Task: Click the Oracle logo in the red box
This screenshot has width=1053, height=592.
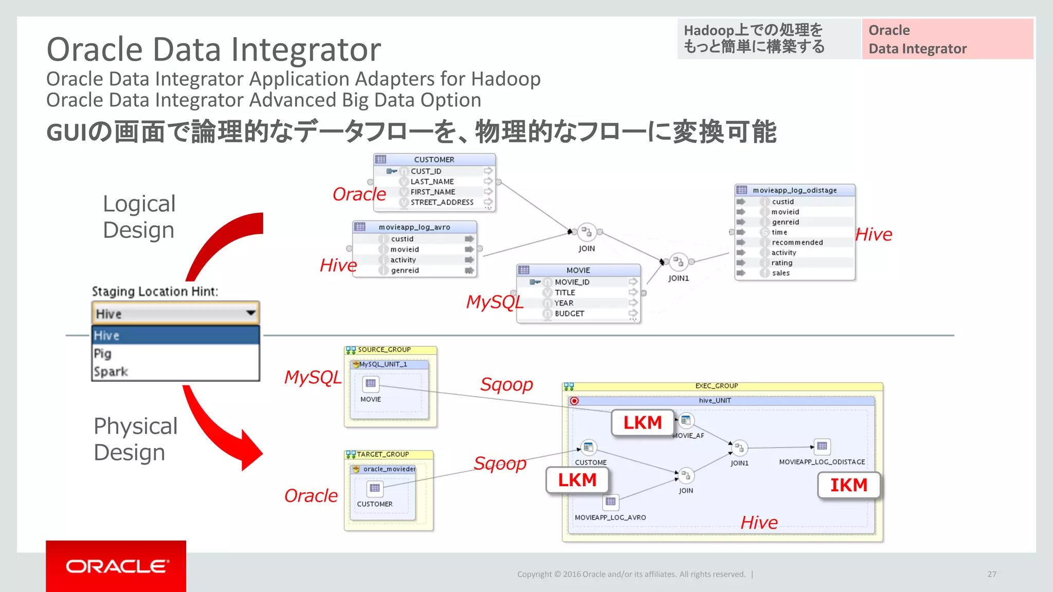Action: pyautogui.click(x=117, y=566)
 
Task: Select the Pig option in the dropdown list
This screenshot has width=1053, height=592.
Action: pyautogui.click(x=103, y=354)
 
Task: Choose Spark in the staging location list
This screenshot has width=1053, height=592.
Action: pyautogui.click(x=111, y=372)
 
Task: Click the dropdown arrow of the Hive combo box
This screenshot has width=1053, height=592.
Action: pyautogui.click(x=250, y=313)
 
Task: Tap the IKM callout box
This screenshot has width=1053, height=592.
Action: pyautogui.click(x=848, y=485)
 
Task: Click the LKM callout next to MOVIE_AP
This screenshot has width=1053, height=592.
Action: pyautogui.click(x=642, y=422)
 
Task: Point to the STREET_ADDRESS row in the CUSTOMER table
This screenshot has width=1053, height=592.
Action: pyautogui.click(x=442, y=202)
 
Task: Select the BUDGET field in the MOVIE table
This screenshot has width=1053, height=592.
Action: pyautogui.click(x=569, y=313)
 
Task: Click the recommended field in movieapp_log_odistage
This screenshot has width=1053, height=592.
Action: pyautogui.click(x=797, y=243)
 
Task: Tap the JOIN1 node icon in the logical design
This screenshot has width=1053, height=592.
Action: pyautogui.click(x=679, y=262)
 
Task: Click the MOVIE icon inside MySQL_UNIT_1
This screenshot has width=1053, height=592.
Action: pyautogui.click(x=371, y=383)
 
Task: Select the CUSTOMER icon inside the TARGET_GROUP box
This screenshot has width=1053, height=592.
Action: pyautogui.click(x=375, y=488)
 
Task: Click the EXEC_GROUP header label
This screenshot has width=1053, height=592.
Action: pyautogui.click(x=716, y=386)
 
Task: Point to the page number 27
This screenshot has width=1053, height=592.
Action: pyautogui.click(x=992, y=574)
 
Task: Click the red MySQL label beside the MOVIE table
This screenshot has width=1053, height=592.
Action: pyautogui.click(x=494, y=302)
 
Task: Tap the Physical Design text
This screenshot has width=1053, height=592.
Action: pyautogui.click(x=135, y=439)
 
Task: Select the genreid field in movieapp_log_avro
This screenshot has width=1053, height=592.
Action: pyautogui.click(x=405, y=270)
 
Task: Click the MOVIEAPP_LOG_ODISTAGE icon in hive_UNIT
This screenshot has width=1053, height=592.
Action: pyautogui.click(x=822, y=446)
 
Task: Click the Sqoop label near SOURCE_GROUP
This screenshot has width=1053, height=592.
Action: pyautogui.click(x=506, y=384)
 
